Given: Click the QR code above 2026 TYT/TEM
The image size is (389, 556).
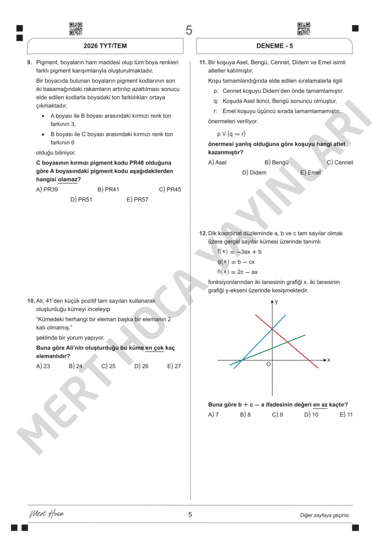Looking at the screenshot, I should pos(76,29).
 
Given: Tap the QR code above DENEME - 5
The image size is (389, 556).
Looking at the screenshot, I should pos(304,29).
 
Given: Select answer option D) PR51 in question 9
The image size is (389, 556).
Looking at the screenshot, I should pos(81,200).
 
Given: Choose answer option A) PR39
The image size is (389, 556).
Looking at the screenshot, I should pos(47,190).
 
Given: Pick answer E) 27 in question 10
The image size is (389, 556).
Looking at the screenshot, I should pos(174,366).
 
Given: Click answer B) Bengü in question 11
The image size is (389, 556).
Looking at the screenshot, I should pos(277,162).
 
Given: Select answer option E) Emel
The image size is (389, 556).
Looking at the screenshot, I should pos(310,173).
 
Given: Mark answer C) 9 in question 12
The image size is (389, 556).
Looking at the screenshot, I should pos(277,415).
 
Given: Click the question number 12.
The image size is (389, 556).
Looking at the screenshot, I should pos(203,233).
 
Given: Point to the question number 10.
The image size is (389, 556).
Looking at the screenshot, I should pos(31,301).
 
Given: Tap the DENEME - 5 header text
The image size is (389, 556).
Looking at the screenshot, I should pos(275,46).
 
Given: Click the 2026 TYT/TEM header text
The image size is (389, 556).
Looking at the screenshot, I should pos(105,46).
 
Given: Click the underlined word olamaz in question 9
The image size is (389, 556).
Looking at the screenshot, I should pos(68,180).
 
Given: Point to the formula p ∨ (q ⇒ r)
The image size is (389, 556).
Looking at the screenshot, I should pos(231,134).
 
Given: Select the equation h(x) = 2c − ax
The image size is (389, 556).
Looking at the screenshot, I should pos(238,272).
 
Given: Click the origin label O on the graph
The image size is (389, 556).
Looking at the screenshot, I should pos(268,364).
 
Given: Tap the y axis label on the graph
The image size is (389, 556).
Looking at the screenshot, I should pos(277,302).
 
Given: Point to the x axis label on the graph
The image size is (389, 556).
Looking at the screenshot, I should pos(329,360).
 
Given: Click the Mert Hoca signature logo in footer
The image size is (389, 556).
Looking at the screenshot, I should pos(47,514).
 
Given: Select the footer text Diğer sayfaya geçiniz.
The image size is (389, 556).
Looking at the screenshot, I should pos(325,515).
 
